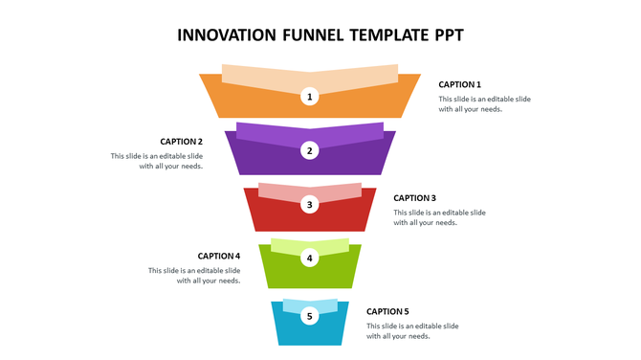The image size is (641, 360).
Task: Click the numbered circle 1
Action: [309, 96]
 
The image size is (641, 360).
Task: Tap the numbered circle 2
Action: [309, 150]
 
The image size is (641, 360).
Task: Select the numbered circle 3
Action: [309, 204]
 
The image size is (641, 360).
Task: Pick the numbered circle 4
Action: [309, 258]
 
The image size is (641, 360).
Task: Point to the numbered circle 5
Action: [309, 316]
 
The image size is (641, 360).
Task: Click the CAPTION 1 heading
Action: [459, 84]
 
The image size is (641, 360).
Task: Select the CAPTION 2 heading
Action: [181, 142]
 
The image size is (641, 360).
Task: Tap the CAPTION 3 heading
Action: [414, 198]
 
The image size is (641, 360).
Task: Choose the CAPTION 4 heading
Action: [218, 256]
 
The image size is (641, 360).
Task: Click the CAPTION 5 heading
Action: [387, 311]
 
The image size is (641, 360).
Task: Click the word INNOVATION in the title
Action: [227, 36]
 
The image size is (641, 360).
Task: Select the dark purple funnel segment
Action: [258, 158]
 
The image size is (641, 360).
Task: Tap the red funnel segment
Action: [268, 215]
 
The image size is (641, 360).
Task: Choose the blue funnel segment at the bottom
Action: [287, 330]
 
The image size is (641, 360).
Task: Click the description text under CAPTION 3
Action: [439, 217]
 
